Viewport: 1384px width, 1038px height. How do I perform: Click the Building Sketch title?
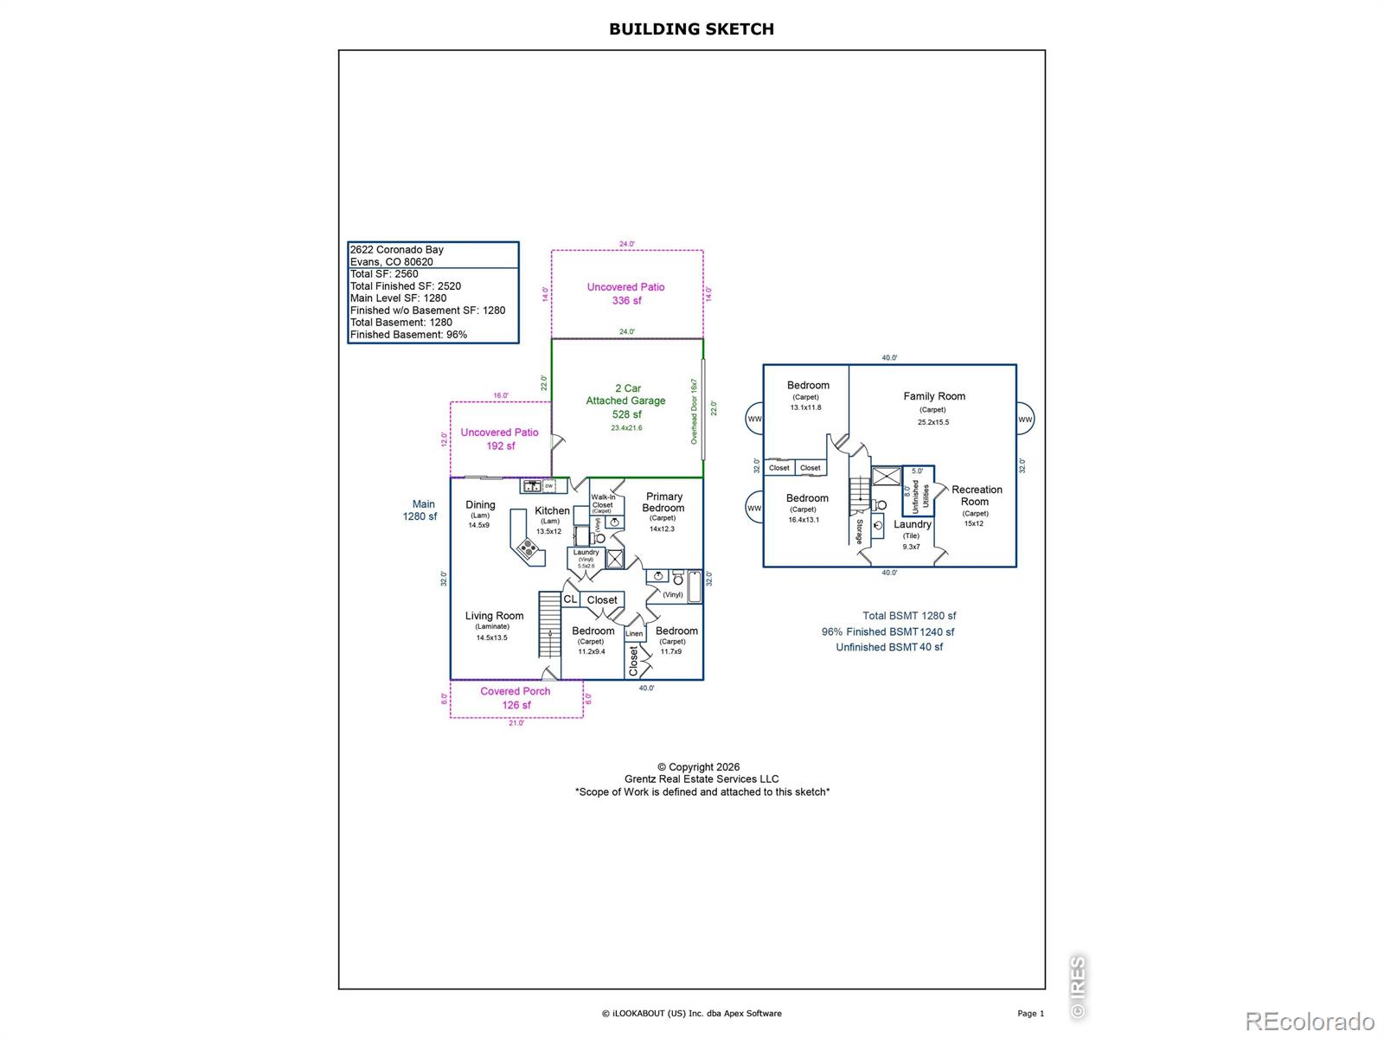[691, 29]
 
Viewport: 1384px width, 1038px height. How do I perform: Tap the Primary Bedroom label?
[663, 503]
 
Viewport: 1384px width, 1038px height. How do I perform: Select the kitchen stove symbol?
[527, 548]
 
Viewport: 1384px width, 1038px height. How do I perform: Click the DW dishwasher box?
[548, 486]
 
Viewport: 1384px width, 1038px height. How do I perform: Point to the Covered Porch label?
[516, 691]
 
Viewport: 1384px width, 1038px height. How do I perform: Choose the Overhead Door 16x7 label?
[694, 411]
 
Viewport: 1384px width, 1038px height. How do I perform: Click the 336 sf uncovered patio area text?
[626, 301]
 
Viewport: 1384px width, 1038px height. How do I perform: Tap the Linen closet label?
[634, 634]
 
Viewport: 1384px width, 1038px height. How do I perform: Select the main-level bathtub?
[695, 586]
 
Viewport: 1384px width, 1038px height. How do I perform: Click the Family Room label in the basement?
[934, 396]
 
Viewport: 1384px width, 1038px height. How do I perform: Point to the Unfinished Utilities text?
[920, 497]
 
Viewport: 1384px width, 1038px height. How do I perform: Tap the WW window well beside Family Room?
[1025, 420]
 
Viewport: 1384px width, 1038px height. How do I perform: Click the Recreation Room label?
[977, 496]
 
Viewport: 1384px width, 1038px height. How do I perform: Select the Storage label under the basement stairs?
[860, 531]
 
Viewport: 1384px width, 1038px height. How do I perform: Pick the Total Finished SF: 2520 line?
[406, 286]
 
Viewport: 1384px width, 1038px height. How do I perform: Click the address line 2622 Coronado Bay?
[397, 250]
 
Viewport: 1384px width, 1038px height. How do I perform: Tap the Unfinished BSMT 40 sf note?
[889, 647]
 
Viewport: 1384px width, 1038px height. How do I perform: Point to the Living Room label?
[494, 616]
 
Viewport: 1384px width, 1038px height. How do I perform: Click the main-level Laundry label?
[586, 552]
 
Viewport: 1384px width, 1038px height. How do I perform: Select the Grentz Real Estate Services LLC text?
[702, 778]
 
